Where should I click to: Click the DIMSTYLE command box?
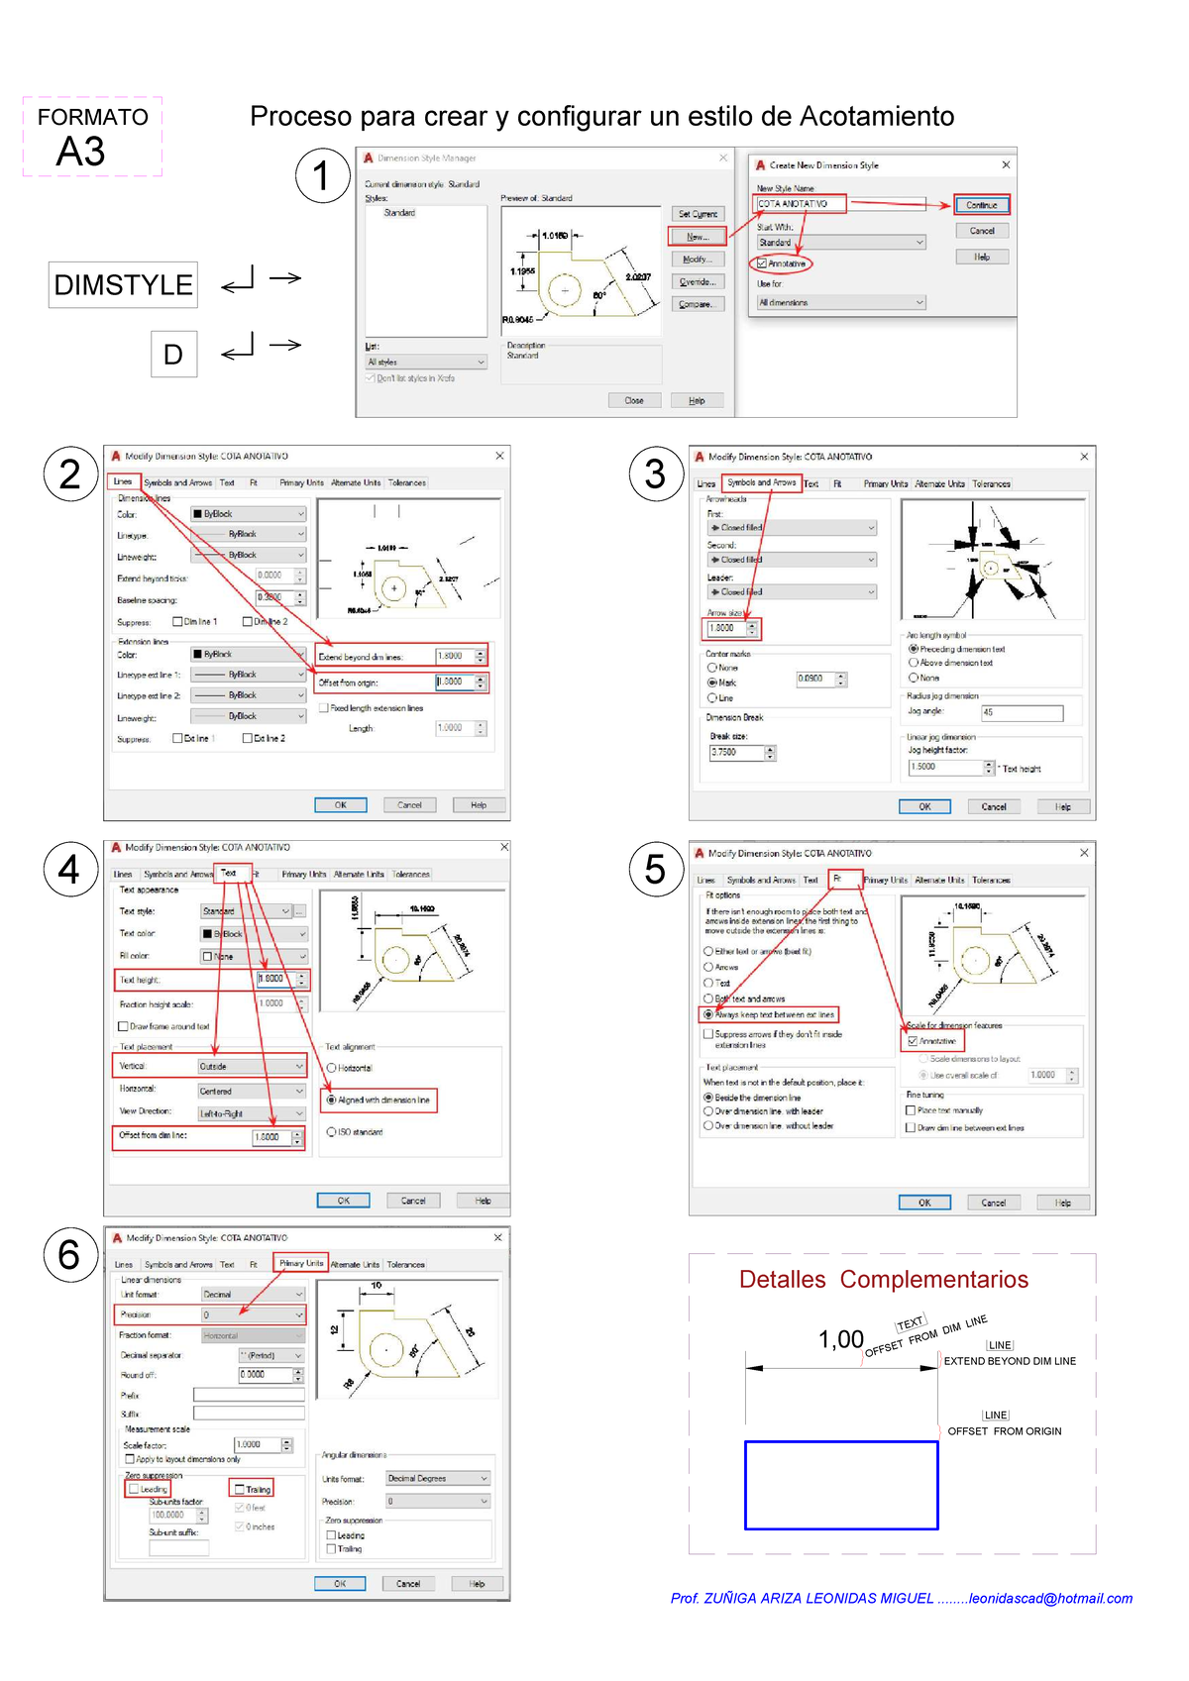pos(123,285)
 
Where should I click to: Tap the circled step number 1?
pos(322,175)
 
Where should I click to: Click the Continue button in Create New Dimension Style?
pos(981,205)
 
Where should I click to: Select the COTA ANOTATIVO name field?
pos(801,204)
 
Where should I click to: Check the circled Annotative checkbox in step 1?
pos(762,263)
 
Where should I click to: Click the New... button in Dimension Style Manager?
pos(698,237)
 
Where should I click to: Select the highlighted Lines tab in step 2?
pos(123,481)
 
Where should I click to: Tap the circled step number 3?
pos(655,473)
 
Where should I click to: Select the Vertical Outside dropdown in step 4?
pos(250,1066)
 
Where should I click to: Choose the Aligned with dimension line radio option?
pos(332,1100)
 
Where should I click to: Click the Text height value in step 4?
pos(273,979)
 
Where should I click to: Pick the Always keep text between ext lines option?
pos(708,1014)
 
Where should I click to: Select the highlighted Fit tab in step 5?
pos(837,879)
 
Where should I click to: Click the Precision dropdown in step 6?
pos(252,1314)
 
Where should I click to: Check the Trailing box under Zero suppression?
pos(240,1489)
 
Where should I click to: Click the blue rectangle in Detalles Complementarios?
pos(840,1485)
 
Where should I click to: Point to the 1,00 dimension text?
pos(840,1339)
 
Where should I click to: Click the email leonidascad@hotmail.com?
pos(1050,1598)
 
